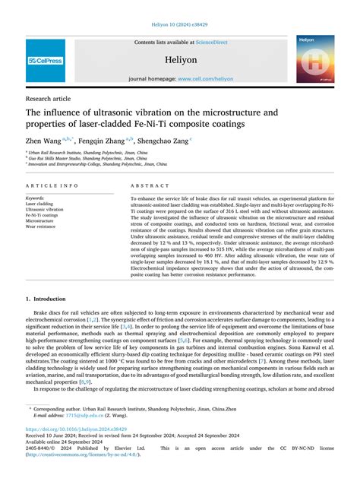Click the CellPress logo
(46, 60)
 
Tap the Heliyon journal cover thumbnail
(314, 60)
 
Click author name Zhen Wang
(44, 140)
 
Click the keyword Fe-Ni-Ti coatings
(42, 215)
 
